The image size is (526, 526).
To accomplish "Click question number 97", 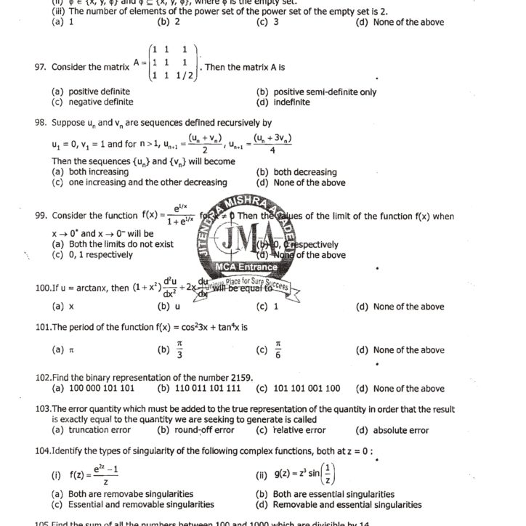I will [x=40, y=67].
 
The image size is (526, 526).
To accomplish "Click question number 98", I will [x=40, y=123].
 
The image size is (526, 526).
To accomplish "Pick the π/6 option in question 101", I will [x=278, y=350].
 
